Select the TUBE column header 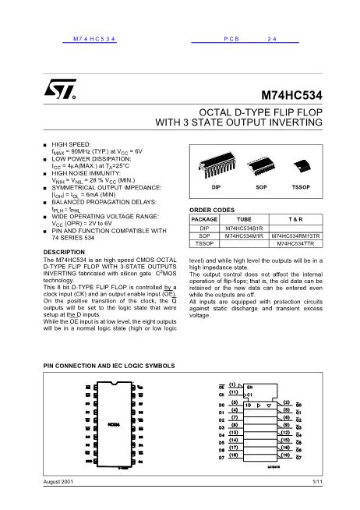point(243,220)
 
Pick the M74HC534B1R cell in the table point(243,228)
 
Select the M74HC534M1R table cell point(243,236)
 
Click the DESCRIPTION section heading point(64,252)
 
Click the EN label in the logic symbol point(249,386)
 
